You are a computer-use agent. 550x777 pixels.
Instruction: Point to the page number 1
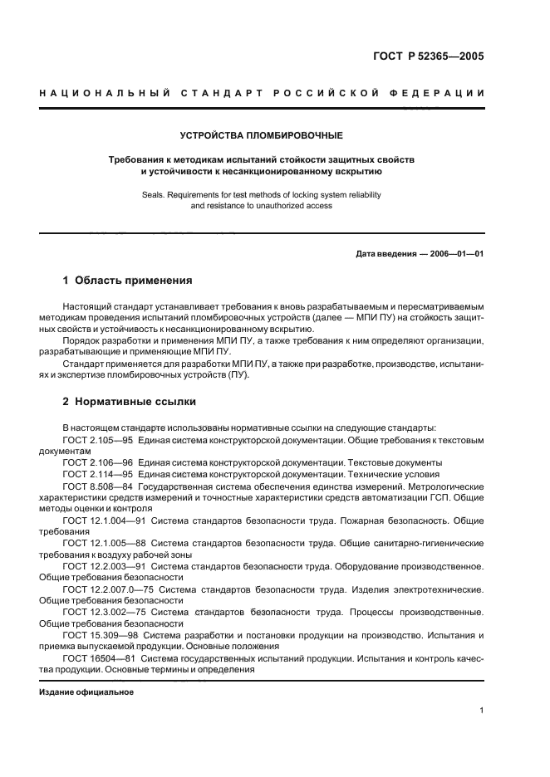tap(481, 711)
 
